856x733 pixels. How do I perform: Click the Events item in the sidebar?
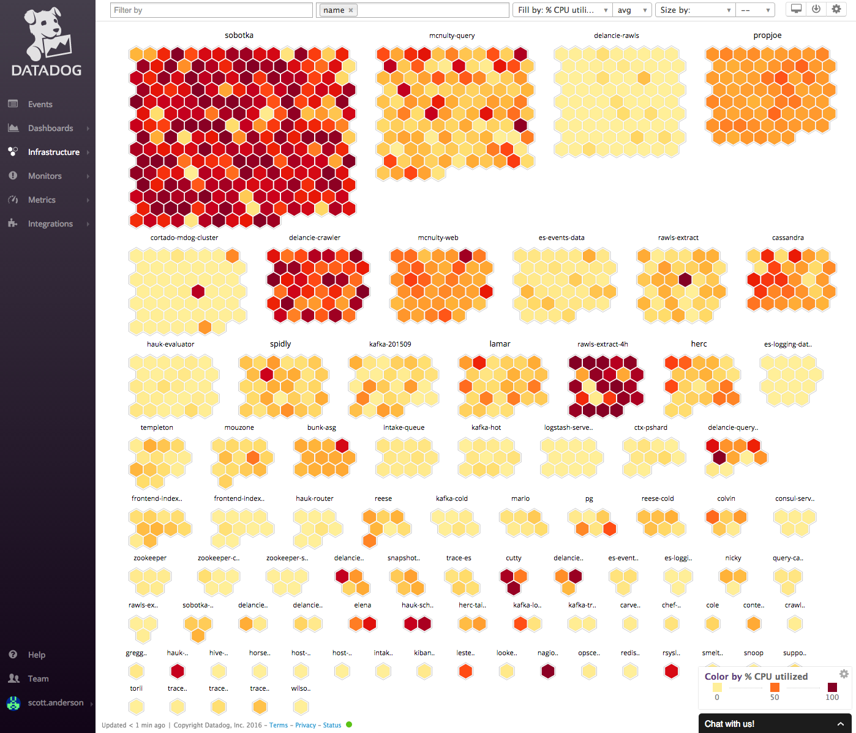(x=40, y=104)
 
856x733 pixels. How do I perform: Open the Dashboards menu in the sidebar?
(x=50, y=128)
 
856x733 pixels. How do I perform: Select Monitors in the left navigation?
(x=45, y=176)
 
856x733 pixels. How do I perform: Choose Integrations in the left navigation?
(x=50, y=224)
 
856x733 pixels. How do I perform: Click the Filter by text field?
(x=211, y=10)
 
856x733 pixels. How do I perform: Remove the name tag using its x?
(x=351, y=10)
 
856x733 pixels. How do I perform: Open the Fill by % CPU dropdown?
(x=561, y=10)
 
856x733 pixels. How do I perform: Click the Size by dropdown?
(x=696, y=10)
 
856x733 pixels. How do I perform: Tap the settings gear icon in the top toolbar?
(x=836, y=9)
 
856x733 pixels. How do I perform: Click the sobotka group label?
(x=239, y=36)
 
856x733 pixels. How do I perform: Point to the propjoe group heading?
(x=767, y=36)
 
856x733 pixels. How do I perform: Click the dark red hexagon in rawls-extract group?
(x=685, y=280)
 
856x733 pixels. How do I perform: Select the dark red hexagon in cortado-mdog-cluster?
(x=198, y=291)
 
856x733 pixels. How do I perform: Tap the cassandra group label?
(x=787, y=238)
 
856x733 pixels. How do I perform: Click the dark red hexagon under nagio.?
(x=548, y=672)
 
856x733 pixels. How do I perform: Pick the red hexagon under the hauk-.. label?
(x=178, y=672)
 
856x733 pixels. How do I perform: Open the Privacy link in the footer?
(x=305, y=725)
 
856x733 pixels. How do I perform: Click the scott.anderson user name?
(x=56, y=702)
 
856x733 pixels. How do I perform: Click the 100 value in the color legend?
(x=832, y=697)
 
